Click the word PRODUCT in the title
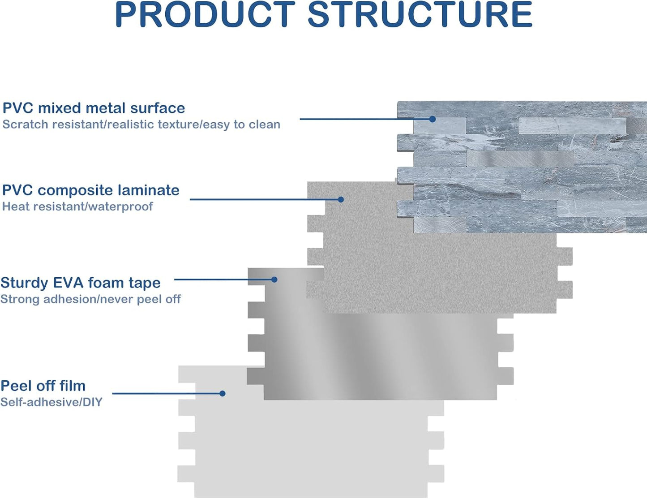(x=205, y=15)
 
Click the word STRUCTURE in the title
(x=420, y=15)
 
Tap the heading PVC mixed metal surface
(x=94, y=108)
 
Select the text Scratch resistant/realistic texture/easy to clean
(x=141, y=125)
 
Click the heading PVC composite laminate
(x=90, y=190)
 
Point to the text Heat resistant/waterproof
(x=77, y=206)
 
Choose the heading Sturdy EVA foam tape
(x=81, y=283)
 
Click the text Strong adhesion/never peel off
(x=90, y=299)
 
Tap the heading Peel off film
(x=43, y=386)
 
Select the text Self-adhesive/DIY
(x=51, y=402)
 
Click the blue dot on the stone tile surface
(x=433, y=119)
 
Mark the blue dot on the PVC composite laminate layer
(x=341, y=199)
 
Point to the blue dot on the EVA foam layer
(x=274, y=280)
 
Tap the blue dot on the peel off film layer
(x=222, y=394)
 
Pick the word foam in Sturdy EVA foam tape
(x=105, y=283)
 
